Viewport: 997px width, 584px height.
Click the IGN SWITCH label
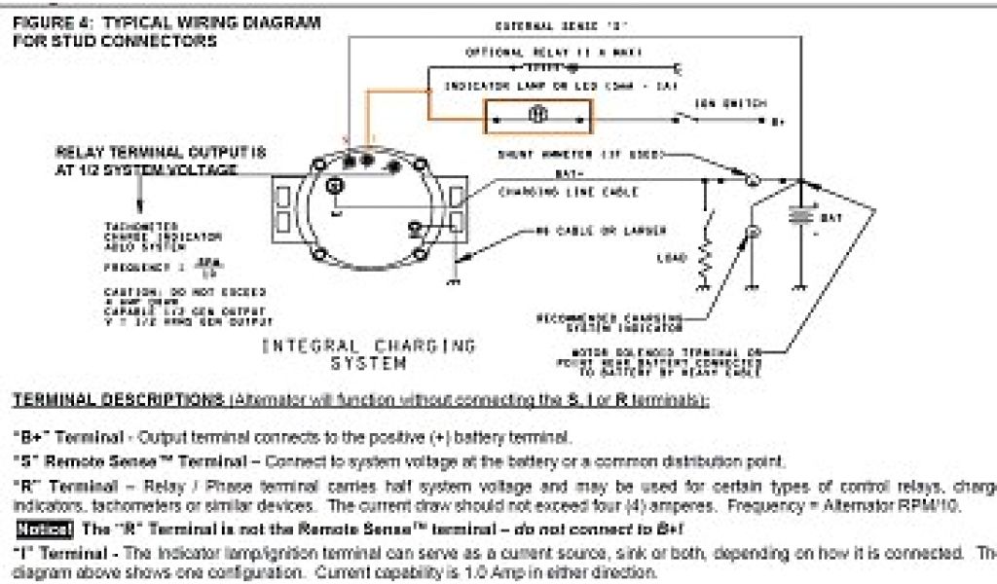[x=729, y=102]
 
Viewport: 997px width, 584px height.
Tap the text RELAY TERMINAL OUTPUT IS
[x=160, y=153]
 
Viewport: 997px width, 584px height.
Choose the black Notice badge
[x=43, y=530]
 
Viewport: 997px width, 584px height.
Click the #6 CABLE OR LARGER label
[x=601, y=231]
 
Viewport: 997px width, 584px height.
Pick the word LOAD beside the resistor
[x=673, y=258]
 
